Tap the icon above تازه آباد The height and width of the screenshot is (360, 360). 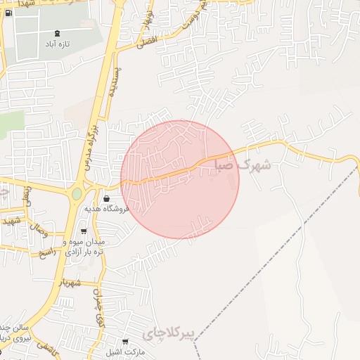coord(56,32)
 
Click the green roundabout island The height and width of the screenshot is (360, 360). coord(77,193)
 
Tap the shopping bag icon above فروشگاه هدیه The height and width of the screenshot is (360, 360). coord(106,198)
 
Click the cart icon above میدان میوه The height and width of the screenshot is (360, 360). coord(84,231)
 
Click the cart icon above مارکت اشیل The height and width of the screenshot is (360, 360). coord(126,342)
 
